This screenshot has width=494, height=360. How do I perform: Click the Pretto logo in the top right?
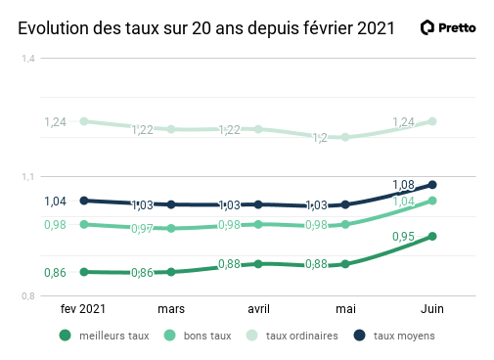448,27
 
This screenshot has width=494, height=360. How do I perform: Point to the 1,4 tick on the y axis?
28,59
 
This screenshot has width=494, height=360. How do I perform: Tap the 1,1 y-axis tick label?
28,177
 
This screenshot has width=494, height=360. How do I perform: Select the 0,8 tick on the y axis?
28,296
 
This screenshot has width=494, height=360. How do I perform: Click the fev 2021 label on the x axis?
83,308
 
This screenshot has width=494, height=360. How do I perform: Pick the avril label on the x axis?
258,308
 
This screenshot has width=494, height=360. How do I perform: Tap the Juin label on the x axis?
431,308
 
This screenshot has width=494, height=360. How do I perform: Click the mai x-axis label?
345,308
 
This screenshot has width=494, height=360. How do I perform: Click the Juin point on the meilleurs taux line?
431,236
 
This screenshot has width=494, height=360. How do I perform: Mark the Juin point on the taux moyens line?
431,184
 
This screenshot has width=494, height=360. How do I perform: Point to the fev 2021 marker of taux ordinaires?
84,121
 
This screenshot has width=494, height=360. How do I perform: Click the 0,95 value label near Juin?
403,237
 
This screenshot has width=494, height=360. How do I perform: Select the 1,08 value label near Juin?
403,184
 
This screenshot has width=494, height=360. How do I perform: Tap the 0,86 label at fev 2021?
56,272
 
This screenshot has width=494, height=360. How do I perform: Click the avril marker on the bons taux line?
258,224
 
